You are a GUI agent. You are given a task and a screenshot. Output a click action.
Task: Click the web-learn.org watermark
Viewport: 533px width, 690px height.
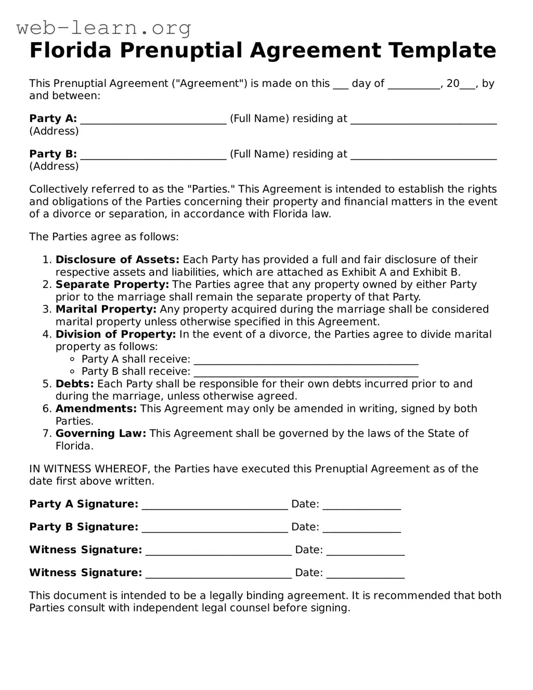click(104, 28)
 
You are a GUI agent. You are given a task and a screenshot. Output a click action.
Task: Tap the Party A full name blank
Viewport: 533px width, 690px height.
click(153, 120)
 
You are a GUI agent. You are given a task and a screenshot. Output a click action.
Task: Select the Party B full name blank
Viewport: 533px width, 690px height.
click(153, 155)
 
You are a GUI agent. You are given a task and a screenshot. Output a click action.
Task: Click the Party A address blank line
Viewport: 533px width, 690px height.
click(423, 120)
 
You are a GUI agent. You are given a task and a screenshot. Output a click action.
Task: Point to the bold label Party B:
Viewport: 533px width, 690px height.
click(53, 154)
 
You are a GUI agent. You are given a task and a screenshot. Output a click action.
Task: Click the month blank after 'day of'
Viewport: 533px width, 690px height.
click(414, 84)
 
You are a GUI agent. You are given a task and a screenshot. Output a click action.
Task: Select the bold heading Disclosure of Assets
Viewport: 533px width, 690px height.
click(117, 259)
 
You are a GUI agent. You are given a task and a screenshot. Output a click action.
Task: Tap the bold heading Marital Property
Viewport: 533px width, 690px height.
click(106, 309)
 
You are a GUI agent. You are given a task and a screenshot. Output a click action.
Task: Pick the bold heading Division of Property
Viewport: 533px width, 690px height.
click(115, 334)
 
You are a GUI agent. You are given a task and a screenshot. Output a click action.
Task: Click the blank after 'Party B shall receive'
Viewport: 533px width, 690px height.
click(306, 373)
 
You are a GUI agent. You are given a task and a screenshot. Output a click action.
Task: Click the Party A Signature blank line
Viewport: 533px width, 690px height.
click(215, 505)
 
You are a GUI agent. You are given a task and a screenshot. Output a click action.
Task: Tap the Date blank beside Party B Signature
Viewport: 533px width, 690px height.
click(361, 528)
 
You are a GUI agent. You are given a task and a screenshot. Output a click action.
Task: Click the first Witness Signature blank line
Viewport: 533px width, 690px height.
click(218, 551)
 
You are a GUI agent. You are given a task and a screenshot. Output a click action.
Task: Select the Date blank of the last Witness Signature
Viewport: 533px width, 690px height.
click(365, 574)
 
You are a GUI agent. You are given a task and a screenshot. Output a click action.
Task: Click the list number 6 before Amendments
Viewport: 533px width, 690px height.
click(47, 409)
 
